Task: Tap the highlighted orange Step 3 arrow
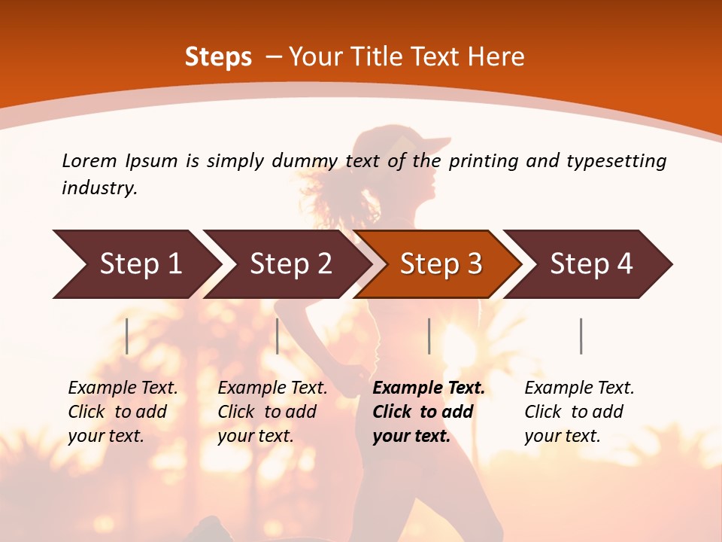(x=441, y=264)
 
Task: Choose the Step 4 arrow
(x=591, y=264)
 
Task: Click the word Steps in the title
(x=218, y=57)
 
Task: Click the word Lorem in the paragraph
(x=89, y=161)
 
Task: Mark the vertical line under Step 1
(x=127, y=336)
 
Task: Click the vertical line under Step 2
(x=278, y=336)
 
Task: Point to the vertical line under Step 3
(x=429, y=336)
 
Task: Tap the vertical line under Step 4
(x=581, y=336)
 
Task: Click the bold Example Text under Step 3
(x=429, y=412)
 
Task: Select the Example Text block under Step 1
(x=123, y=412)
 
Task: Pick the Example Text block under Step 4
(x=579, y=412)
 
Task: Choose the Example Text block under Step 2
(x=272, y=412)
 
